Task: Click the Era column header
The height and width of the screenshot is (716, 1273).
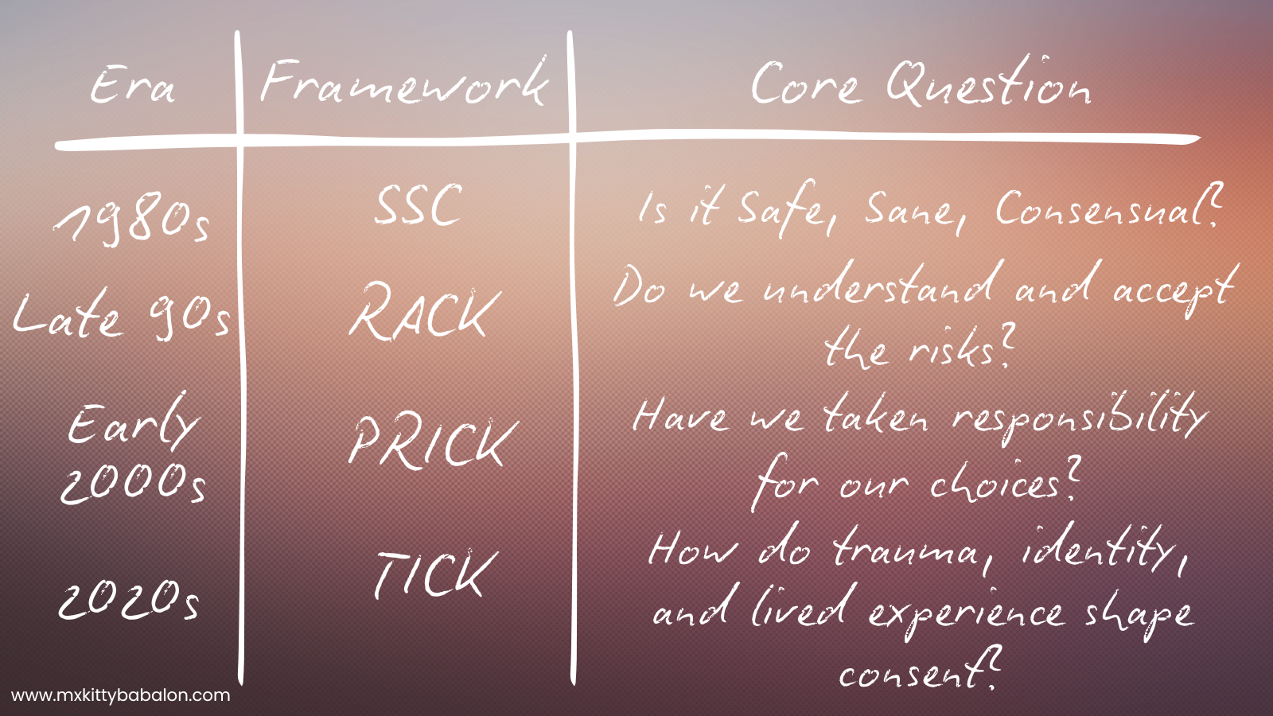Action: [132, 85]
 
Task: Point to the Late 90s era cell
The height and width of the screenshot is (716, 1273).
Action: [122, 315]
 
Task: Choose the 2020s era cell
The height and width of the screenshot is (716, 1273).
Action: [129, 600]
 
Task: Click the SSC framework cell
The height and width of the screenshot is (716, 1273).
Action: [418, 205]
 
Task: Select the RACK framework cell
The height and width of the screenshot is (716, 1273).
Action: [425, 312]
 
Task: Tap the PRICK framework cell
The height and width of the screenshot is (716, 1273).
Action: [434, 442]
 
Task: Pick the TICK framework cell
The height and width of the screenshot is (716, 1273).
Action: [436, 574]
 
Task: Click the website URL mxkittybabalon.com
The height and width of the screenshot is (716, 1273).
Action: [120, 695]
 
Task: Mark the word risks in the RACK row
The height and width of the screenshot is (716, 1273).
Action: [960, 348]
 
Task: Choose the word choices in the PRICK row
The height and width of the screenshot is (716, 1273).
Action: [1003, 483]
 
